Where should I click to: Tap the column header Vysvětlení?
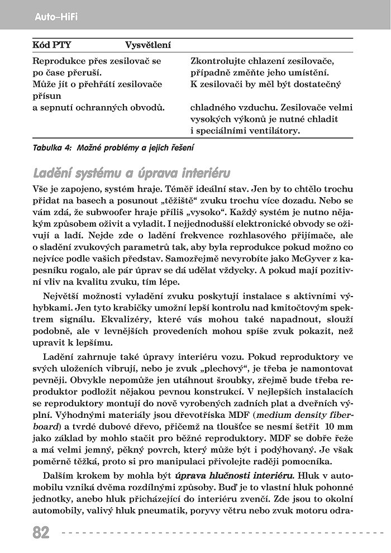coord(148,45)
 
